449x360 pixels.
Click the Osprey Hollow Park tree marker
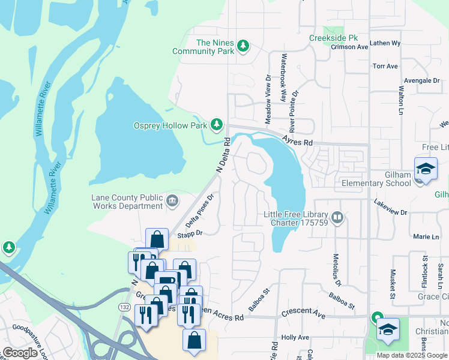coord(217,125)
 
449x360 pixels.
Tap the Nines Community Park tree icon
coord(243,46)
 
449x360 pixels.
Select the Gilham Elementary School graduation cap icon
coord(426,170)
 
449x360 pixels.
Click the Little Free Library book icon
coord(337,218)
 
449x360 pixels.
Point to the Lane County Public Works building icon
coord(172,200)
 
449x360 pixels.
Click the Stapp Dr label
coord(190,233)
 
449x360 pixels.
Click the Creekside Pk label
coord(330,38)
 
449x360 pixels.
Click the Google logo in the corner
coord(20,353)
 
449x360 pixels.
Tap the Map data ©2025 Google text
coord(411,355)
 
